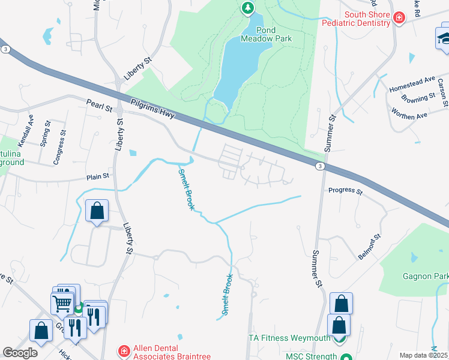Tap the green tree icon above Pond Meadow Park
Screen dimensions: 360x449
247,8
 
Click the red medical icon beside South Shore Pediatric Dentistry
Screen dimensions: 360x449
399,18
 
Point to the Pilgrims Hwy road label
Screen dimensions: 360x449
151,109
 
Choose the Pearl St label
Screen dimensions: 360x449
99,106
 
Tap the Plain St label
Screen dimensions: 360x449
98,176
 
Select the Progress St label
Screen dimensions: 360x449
345,191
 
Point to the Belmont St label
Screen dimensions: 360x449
369,247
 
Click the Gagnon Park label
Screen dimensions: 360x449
426,275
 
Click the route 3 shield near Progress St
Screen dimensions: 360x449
321,166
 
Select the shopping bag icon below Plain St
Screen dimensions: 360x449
97,211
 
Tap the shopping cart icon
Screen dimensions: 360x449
62,304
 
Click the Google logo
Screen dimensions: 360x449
20,352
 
